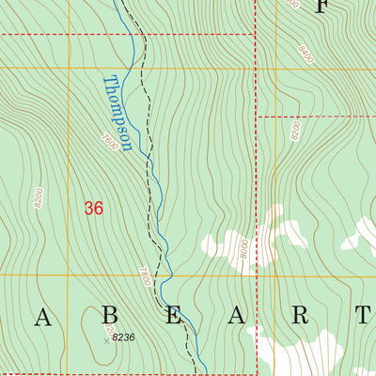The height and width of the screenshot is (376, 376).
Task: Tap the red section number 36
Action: coord(93,208)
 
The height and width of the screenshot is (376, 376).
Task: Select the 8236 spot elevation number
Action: coord(124,337)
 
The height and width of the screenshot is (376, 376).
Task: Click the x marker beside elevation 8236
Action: coord(106,340)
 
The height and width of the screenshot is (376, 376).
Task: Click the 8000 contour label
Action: coord(243,248)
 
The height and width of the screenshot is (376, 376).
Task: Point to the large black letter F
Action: coord(322,8)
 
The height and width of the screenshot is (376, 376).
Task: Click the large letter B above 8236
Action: coord(109,316)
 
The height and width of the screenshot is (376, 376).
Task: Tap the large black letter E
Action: coord(173,316)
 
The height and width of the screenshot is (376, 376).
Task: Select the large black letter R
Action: coord(299,316)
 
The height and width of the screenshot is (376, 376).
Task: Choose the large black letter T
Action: coord(363,316)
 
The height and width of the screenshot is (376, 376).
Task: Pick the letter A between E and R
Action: coord(235,316)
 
